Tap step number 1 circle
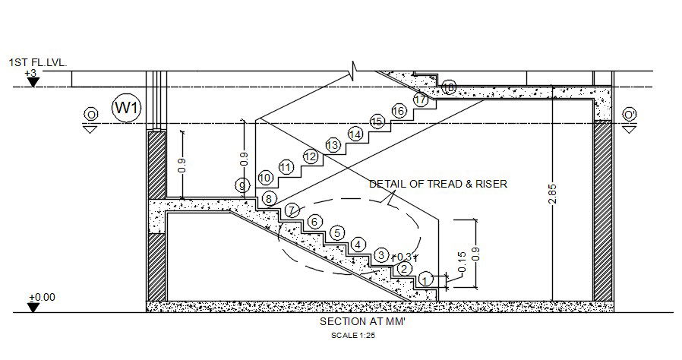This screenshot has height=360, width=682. click(x=426, y=279)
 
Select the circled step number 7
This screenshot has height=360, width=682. click(x=292, y=210)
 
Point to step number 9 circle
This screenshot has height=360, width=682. click(x=242, y=185)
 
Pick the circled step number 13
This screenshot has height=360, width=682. click(x=332, y=144)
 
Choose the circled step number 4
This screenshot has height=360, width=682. click(x=358, y=245)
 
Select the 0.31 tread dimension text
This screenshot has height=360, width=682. click(x=407, y=257)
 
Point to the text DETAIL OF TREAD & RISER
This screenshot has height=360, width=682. click(x=438, y=184)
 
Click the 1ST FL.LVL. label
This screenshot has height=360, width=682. click(x=38, y=62)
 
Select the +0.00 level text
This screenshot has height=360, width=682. click(x=42, y=297)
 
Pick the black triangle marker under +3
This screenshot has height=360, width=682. click(x=33, y=81)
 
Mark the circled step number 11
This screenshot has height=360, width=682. click(x=286, y=167)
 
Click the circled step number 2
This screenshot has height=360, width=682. click(x=404, y=268)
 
